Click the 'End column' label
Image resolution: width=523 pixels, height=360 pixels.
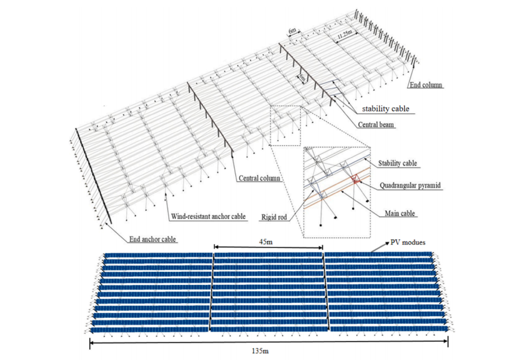pos(426,85)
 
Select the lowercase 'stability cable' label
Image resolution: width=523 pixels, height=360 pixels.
pos(385,109)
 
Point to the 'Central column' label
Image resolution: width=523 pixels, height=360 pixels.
pos(260,178)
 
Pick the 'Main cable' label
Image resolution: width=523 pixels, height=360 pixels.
pos(400,213)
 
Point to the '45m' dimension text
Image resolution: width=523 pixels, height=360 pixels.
pos(268,240)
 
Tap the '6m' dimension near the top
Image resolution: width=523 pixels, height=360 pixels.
pos(293,31)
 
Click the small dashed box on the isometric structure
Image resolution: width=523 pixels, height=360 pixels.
pos(285,125)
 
